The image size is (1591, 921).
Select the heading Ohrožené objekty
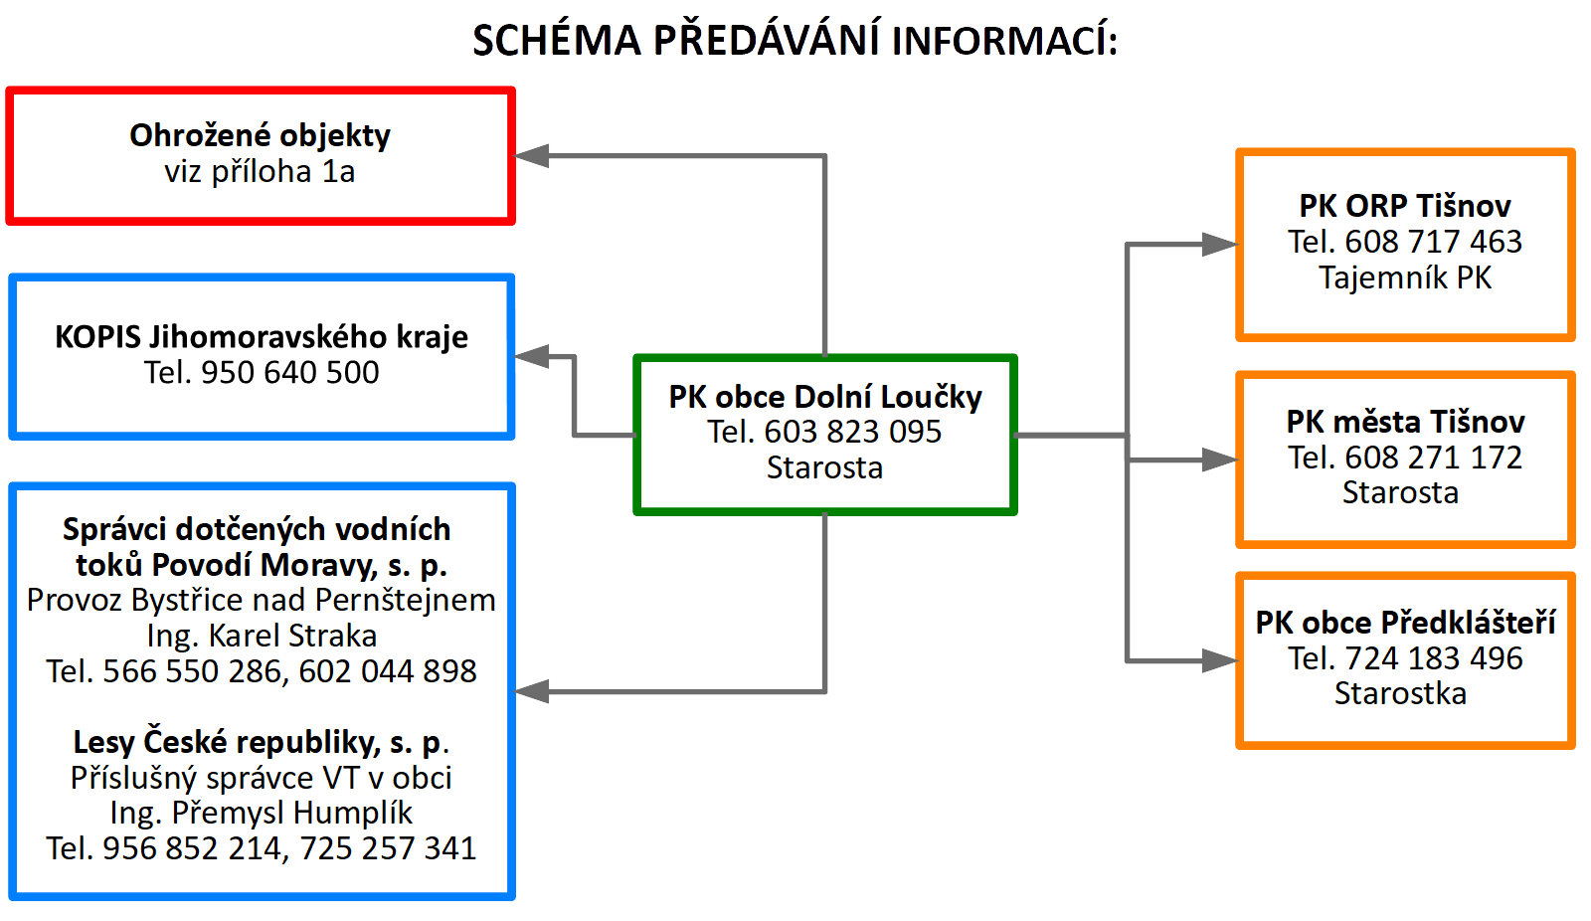tap(260, 135)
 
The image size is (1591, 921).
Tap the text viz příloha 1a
tap(260, 171)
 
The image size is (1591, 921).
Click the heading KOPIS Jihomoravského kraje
tap(262, 337)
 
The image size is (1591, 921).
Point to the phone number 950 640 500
tap(289, 372)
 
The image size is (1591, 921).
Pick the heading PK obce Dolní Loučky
tap(825, 397)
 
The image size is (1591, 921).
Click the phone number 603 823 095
tap(852, 432)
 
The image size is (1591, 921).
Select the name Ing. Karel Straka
tap(262, 636)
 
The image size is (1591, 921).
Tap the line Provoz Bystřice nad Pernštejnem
tap(262, 601)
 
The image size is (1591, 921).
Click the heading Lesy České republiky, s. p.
tap(262, 743)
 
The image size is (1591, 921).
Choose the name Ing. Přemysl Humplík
tap(262, 813)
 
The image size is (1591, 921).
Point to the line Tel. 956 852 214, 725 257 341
tap(262, 848)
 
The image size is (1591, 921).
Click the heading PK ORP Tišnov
tap(1405, 206)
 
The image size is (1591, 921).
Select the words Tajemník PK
tap(1405, 277)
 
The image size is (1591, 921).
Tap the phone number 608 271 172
tap(1433, 458)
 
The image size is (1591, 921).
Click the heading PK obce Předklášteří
tap(1405, 623)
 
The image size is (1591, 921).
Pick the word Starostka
tap(1400, 693)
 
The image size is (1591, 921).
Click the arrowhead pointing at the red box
tap(531, 155)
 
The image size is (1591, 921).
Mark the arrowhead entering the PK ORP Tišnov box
tap(1219, 245)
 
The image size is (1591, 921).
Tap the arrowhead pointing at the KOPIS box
tap(531, 357)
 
